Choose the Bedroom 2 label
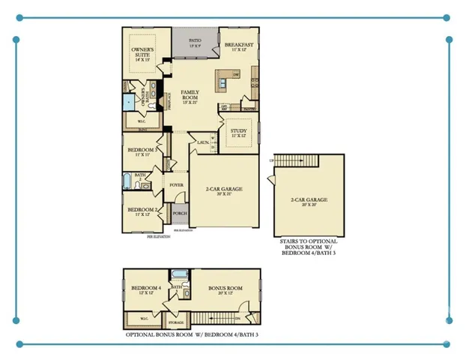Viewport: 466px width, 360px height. coord(141,211)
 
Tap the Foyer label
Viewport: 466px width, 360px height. coord(177,184)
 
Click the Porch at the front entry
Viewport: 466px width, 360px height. coord(180,212)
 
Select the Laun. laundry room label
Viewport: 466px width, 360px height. coord(203,141)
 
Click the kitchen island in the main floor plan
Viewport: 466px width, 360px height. coord(223,75)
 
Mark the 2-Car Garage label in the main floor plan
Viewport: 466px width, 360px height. coord(224,190)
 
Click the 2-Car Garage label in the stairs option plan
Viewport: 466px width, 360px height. coord(309,200)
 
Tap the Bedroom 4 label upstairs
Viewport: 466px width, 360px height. coord(144,289)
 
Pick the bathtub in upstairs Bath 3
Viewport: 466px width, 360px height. coord(180,274)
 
